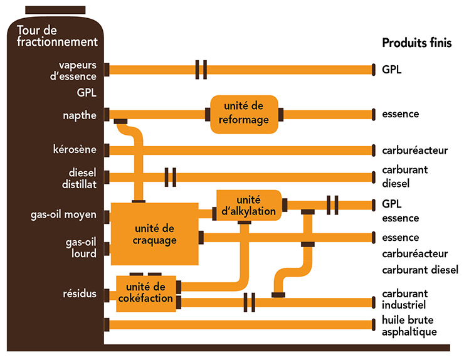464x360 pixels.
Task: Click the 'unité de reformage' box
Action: pos(244,114)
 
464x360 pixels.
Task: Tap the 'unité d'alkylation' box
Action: pos(249,205)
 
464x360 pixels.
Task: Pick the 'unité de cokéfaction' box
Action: pos(145,293)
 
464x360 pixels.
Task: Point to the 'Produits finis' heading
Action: pos(416,43)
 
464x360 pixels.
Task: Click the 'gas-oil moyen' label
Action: pos(63,214)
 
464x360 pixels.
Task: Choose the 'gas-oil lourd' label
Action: pos(80,248)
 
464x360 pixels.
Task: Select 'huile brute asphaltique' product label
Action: pos(409,327)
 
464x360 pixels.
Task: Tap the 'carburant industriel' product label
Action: pos(404,299)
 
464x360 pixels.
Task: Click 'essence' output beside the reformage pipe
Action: pos(400,115)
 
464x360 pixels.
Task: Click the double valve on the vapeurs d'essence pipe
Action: pos(201,70)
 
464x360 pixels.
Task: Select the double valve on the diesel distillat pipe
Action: pos(170,177)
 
